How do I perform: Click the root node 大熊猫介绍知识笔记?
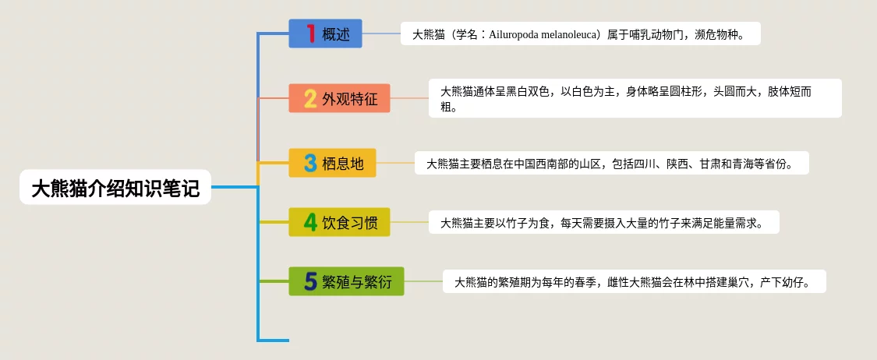click(115, 187)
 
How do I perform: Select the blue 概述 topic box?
click(326, 34)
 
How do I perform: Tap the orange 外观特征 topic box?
click(340, 98)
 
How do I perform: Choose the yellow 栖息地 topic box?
click(332, 163)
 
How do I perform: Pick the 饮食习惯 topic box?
click(340, 222)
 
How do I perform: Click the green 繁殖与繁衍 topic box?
click(346, 281)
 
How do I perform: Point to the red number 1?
click(311, 34)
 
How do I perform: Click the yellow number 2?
click(310, 99)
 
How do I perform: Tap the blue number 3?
click(310, 163)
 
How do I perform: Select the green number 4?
click(310, 223)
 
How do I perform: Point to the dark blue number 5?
click(310, 282)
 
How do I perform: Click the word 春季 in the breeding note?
click(584, 282)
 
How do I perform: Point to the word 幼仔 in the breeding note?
click(793, 282)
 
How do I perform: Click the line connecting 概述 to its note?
click(381, 34)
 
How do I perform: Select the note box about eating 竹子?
click(603, 223)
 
